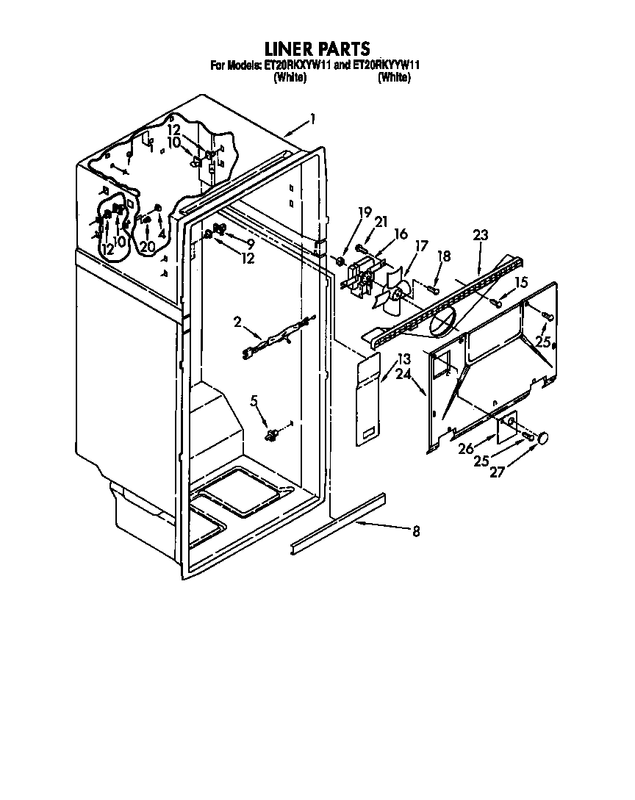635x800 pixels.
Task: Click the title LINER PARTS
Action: click(x=317, y=49)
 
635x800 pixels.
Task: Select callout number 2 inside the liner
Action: click(x=238, y=322)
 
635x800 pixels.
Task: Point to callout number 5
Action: click(x=255, y=401)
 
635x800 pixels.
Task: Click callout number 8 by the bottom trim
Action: click(x=416, y=532)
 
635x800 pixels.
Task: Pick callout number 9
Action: click(x=251, y=243)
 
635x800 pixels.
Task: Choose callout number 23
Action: click(x=480, y=236)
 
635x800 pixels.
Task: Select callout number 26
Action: click(x=466, y=449)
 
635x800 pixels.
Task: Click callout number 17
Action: click(x=421, y=248)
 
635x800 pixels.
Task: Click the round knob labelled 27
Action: click(x=544, y=439)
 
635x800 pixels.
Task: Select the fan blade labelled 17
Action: click(x=392, y=292)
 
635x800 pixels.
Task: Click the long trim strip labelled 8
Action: click(x=338, y=522)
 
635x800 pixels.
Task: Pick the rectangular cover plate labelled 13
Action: click(x=369, y=400)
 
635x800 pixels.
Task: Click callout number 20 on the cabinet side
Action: click(x=148, y=248)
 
